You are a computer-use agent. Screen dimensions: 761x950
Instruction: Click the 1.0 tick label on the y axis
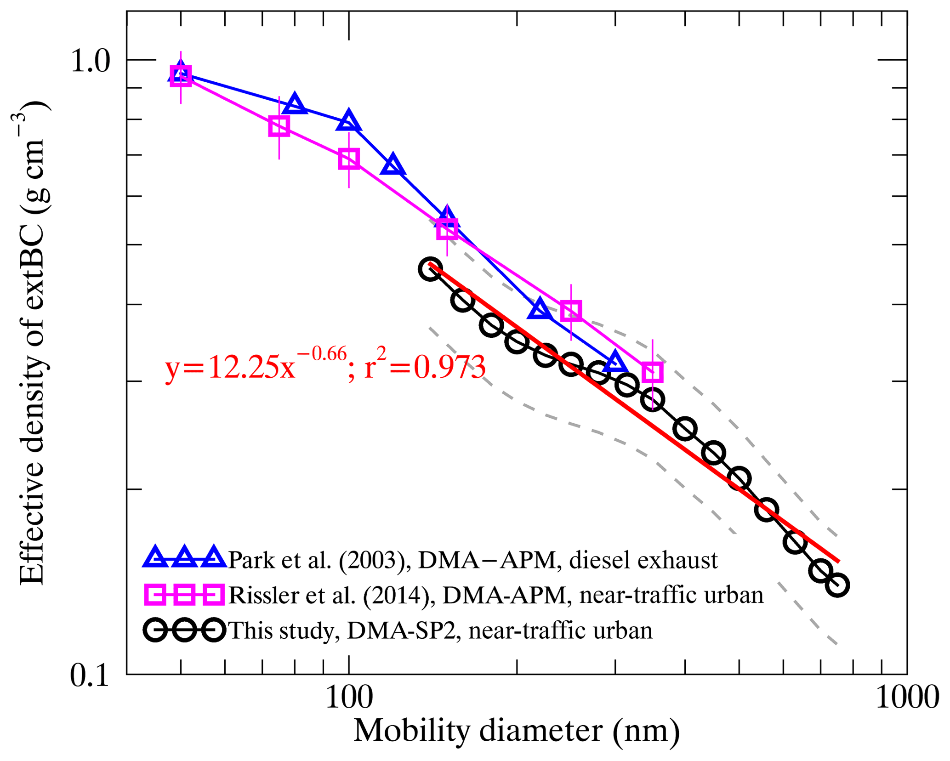click(91, 62)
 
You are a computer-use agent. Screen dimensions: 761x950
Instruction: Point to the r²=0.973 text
click(425, 368)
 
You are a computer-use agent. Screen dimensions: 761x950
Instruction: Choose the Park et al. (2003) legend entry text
click(473, 560)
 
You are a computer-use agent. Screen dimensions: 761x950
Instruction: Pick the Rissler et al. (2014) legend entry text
click(496, 595)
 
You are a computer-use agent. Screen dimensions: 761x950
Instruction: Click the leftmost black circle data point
click(430, 269)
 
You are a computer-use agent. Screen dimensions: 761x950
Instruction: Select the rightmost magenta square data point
click(652, 372)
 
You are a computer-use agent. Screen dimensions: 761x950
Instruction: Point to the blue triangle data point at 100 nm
click(349, 121)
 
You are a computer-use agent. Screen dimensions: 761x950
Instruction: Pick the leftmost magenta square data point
click(181, 76)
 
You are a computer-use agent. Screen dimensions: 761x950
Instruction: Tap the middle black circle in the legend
click(184, 630)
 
